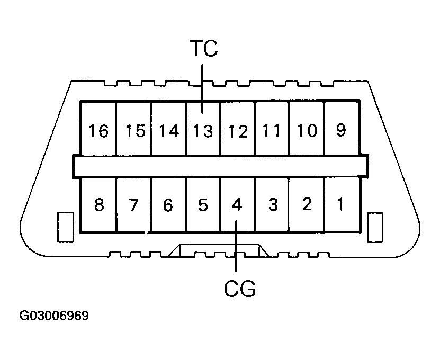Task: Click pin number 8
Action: point(98,205)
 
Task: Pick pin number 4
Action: point(237,205)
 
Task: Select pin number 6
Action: point(168,205)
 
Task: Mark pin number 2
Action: point(307,205)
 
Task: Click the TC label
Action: point(203,49)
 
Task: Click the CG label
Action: point(239,289)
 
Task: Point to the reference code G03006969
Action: point(55,316)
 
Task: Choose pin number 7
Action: point(134,205)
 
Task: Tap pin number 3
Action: point(272,205)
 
